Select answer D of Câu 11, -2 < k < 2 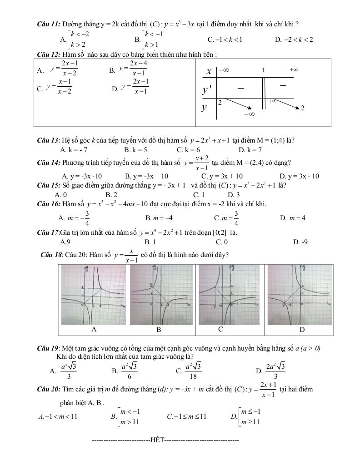tap(294, 40)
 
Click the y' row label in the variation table tap(207, 90)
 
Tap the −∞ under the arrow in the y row tap(249, 114)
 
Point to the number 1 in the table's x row tap(263, 70)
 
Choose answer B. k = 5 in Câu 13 tap(135, 149)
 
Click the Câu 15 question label tap(48, 185)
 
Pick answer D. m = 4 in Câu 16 tap(293, 218)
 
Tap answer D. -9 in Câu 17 tap(300, 242)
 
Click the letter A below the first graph tap(94, 329)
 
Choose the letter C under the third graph tap(220, 329)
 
